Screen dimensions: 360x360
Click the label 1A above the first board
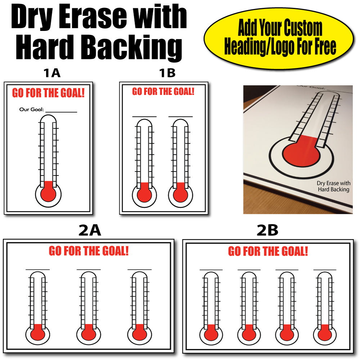(x=52, y=73)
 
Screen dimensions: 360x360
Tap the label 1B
(x=167, y=73)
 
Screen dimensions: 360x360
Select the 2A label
(x=90, y=230)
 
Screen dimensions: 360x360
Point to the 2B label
(x=267, y=230)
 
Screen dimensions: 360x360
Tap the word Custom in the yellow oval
(x=303, y=28)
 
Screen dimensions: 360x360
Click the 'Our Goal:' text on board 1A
(x=31, y=110)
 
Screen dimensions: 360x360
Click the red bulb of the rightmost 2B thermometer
(x=325, y=333)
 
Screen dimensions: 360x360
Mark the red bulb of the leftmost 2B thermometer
(x=211, y=333)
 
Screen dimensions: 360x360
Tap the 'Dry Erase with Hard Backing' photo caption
(x=334, y=186)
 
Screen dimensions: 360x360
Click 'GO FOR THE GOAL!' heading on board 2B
(x=268, y=251)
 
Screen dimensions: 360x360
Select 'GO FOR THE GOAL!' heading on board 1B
(x=163, y=92)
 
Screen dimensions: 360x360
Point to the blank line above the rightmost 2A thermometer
(x=140, y=269)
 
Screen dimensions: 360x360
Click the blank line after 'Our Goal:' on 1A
(x=61, y=112)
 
